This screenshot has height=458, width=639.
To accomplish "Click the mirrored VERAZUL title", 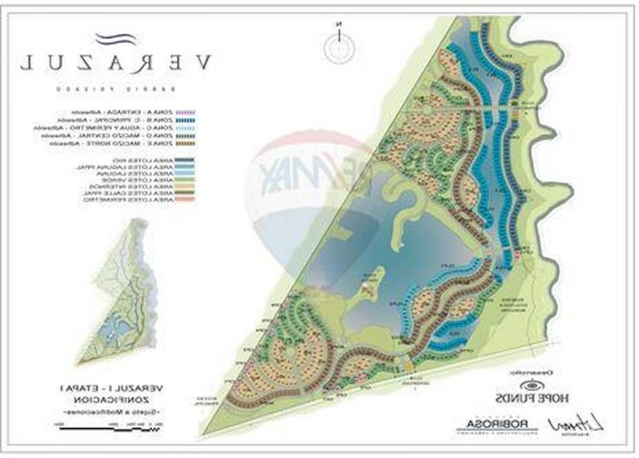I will (x=116, y=63).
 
